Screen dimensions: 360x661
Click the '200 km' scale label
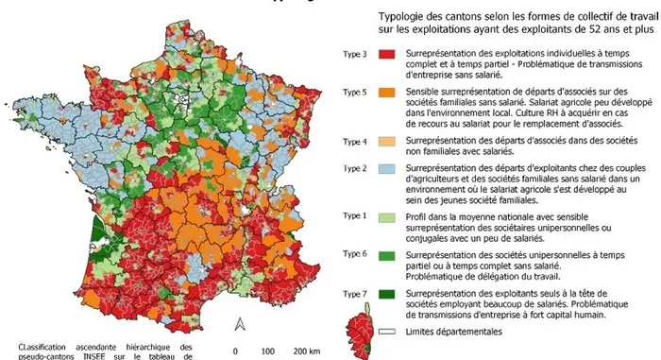[x=304, y=351]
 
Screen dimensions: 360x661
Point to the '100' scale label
[x=268, y=351]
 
